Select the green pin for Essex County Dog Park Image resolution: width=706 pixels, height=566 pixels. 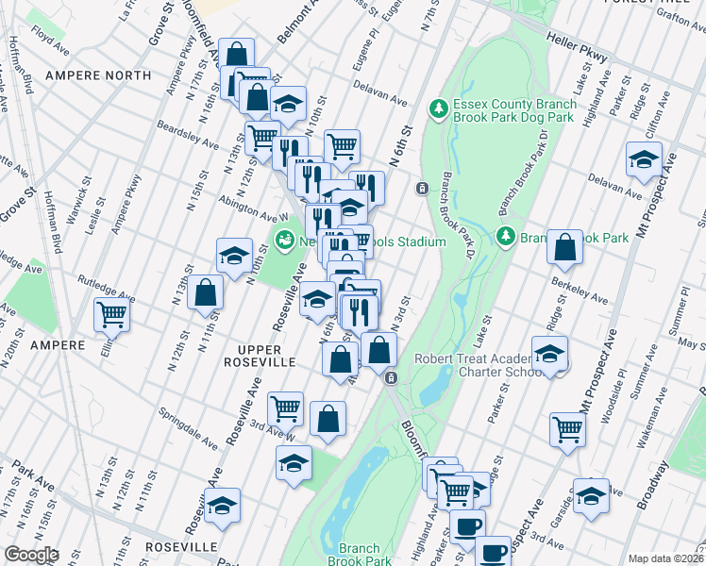coord(438,109)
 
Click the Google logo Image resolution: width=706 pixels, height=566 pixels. coord(31,555)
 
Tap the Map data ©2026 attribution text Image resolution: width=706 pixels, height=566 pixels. coord(665,558)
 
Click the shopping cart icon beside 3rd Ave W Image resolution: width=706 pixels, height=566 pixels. coord(285,408)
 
